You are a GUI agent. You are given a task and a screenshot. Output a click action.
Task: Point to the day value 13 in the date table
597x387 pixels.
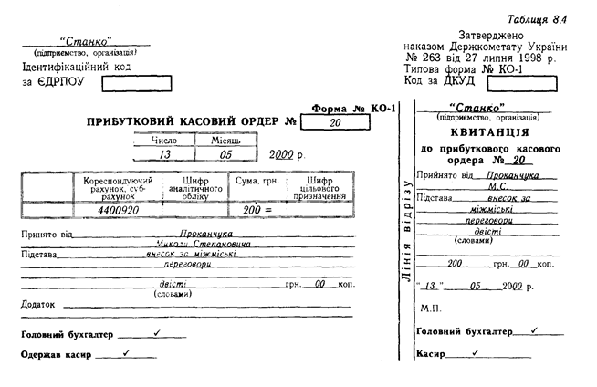tap(163, 155)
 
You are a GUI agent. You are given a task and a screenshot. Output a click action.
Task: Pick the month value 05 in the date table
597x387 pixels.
tap(225, 155)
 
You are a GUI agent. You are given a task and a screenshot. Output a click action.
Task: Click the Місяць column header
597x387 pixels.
tap(225, 140)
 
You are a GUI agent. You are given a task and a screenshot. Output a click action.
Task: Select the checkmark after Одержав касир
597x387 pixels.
tap(125, 352)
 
